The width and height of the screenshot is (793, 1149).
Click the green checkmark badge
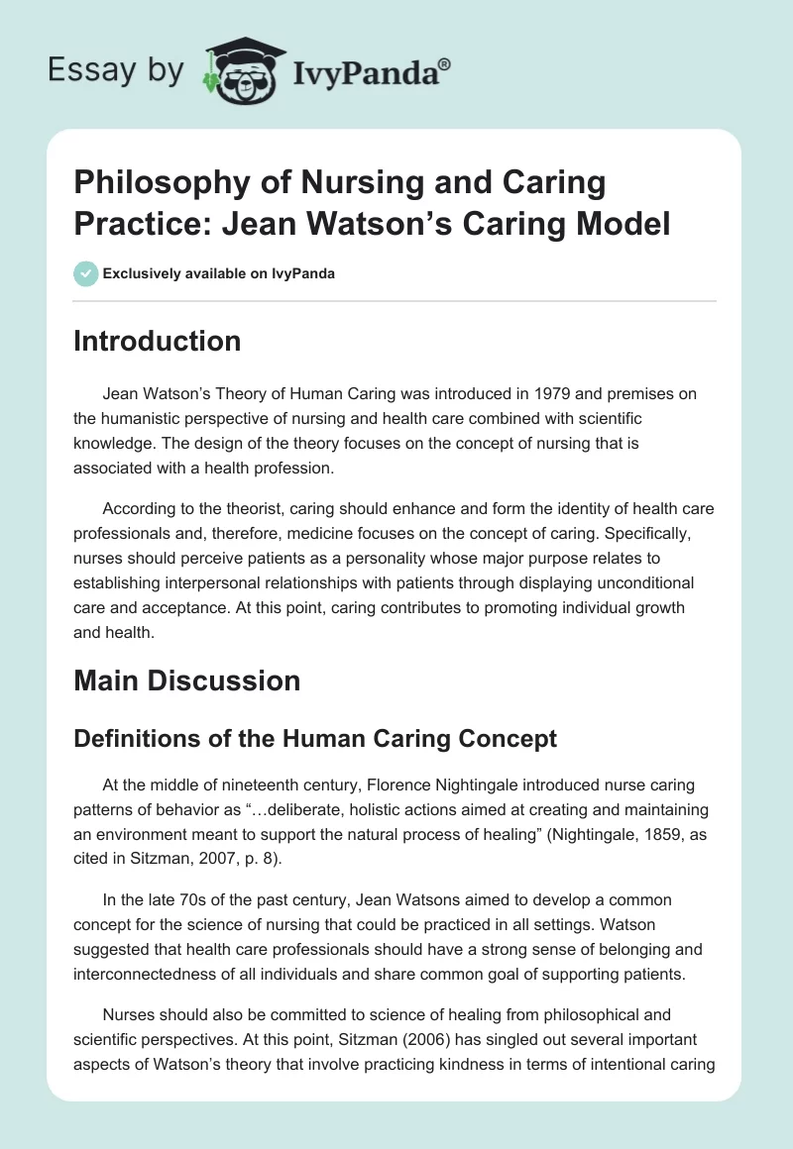coord(86,274)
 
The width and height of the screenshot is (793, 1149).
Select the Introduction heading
coord(158,341)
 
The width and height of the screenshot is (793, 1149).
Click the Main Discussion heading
coord(187,680)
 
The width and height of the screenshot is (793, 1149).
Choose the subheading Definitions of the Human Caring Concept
coord(315,738)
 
